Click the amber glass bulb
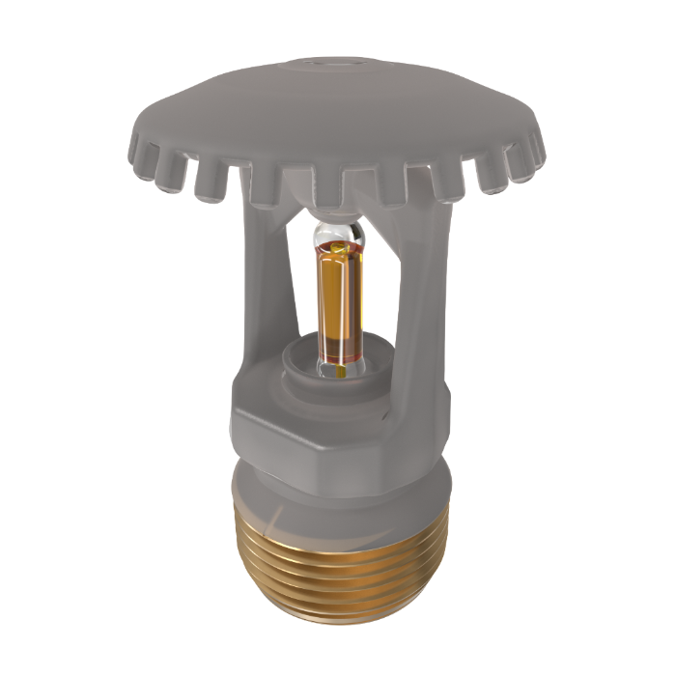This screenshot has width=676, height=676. tap(339, 299)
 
